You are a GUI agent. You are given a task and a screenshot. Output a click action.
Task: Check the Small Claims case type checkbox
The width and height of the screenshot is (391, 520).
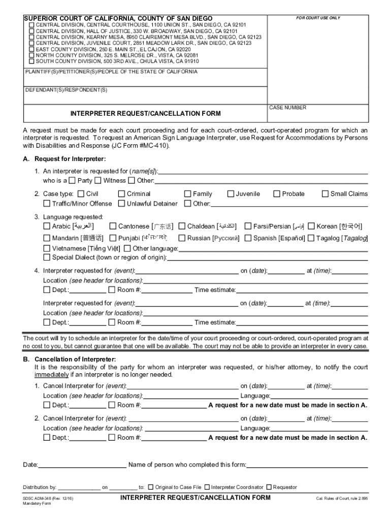(x=325, y=193)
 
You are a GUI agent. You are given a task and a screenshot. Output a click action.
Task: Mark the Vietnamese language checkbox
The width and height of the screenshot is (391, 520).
(x=47, y=248)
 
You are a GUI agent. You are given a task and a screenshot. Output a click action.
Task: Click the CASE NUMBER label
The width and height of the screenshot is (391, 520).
(x=287, y=108)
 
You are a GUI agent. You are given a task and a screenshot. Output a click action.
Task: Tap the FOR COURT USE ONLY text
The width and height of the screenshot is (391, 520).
(x=318, y=18)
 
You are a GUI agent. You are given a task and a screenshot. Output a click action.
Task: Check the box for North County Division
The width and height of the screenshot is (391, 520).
(x=31, y=55)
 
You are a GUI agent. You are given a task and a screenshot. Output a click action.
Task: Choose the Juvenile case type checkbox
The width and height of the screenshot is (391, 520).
(x=231, y=193)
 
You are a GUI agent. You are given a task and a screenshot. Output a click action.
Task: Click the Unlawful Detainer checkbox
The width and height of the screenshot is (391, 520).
(x=121, y=204)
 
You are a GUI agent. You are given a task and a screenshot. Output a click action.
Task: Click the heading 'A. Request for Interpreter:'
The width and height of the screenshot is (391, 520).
(x=64, y=159)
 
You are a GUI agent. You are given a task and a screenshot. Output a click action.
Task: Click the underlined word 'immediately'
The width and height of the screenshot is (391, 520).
(x=51, y=375)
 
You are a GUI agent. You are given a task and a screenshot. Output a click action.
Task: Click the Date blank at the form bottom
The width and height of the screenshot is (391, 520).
(x=82, y=465)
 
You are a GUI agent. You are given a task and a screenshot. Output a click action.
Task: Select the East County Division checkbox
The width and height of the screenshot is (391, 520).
(x=31, y=49)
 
